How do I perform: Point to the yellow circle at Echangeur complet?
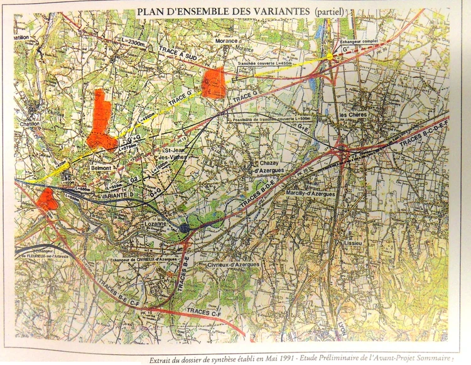(x=329, y=58)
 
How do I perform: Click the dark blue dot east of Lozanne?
(x=183, y=228)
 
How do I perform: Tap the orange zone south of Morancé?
(x=214, y=83)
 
